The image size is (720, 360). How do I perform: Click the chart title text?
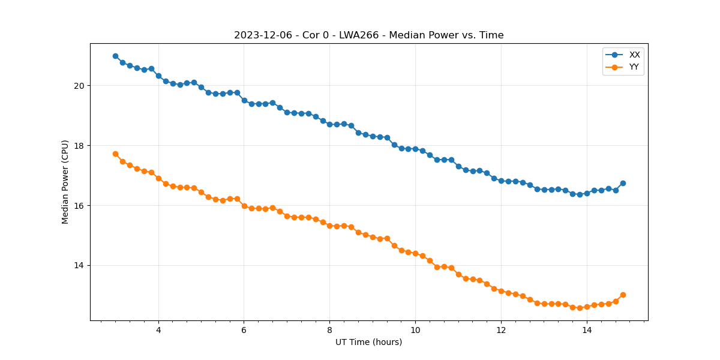click(x=368, y=35)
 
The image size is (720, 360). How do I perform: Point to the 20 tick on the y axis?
click(x=80, y=86)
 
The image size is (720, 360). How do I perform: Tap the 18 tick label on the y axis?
click(x=80, y=146)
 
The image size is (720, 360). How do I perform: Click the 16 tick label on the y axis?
click(x=80, y=206)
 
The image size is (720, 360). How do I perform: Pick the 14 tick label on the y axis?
click(x=80, y=266)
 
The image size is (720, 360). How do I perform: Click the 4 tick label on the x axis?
click(x=158, y=330)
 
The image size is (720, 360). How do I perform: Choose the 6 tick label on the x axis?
click(x=244, y=330)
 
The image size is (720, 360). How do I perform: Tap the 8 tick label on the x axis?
click(x=329, y=330)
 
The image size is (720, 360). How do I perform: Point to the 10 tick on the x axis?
click(x=415, y=330)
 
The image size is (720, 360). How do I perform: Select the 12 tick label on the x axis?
click(x=501, y=330)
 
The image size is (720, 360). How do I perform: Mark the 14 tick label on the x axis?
click(x=587, y=330)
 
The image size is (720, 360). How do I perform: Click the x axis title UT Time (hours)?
click(x=368, y=343)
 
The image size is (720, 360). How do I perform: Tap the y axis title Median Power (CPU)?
click(x=65, y=182)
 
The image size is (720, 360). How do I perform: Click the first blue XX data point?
click(x=115, y=56)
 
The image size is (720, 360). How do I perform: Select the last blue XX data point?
click(x=623, y=183)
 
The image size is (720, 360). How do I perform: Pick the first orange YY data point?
click(x=115, y=154)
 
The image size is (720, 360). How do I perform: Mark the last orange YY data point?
click(x=623, y=295)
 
